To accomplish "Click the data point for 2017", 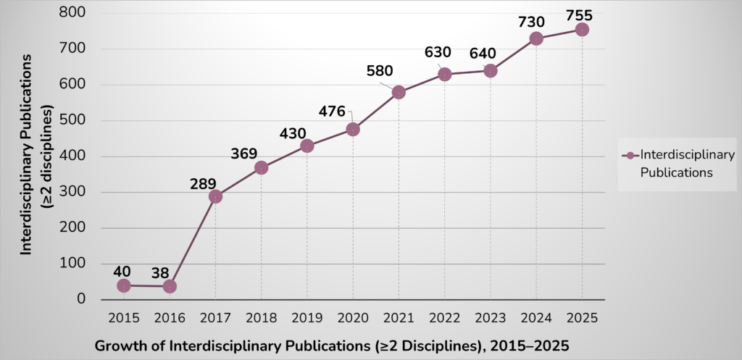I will click(215, 196).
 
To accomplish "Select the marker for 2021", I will click(399, 93).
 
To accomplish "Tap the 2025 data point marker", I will click(582, 30).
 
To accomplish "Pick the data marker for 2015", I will click(124, 285).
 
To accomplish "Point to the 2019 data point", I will click(307, 146).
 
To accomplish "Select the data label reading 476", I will click(333, 112).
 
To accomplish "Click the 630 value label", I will click(438, 52).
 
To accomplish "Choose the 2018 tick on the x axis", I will click(261, 317).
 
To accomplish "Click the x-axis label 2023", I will click(490, 317).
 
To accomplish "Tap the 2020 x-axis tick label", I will click(353, 317).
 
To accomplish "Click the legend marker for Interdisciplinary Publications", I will click(630, 156).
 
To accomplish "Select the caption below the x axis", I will click(332, 346).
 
